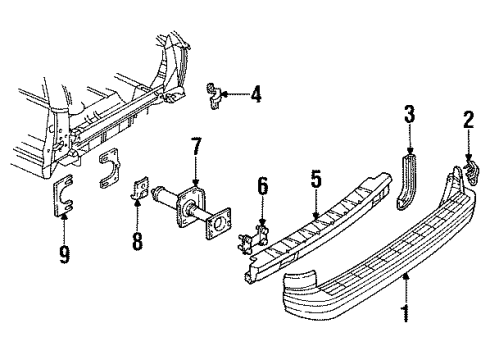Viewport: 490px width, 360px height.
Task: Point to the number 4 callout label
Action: [257, 95]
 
